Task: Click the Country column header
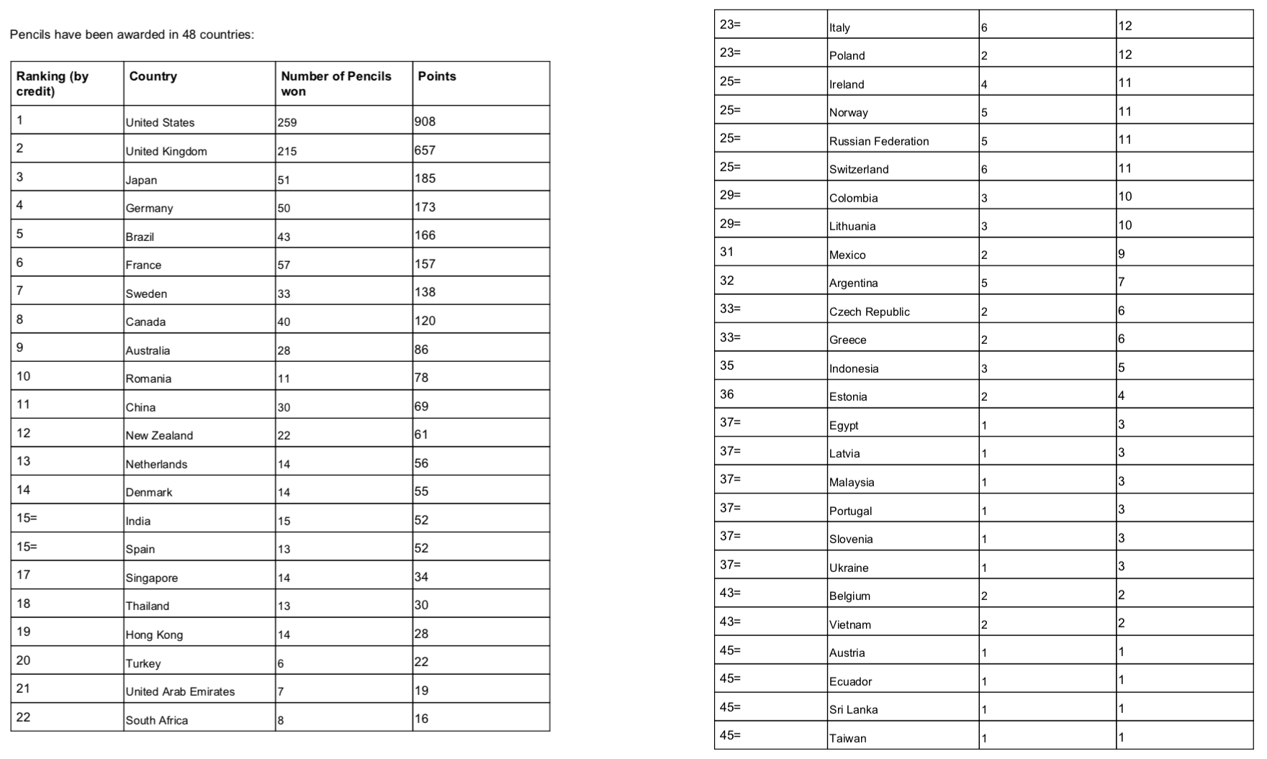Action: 153,76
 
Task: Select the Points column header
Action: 437,76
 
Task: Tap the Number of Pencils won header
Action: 335,83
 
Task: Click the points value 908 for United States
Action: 425,122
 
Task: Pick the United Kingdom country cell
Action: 166,151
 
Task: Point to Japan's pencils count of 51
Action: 284,180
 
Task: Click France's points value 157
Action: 425,264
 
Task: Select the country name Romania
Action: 148,378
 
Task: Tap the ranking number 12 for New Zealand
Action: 23,433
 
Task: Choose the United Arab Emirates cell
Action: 180,691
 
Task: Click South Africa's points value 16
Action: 421,719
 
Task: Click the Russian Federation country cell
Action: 879,141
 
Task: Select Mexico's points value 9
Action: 1122,254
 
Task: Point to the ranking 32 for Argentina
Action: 727,281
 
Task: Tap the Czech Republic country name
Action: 869,312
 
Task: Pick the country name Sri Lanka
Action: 853,709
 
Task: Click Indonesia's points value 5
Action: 1122,368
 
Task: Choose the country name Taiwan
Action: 847,738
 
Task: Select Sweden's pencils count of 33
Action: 284,294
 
